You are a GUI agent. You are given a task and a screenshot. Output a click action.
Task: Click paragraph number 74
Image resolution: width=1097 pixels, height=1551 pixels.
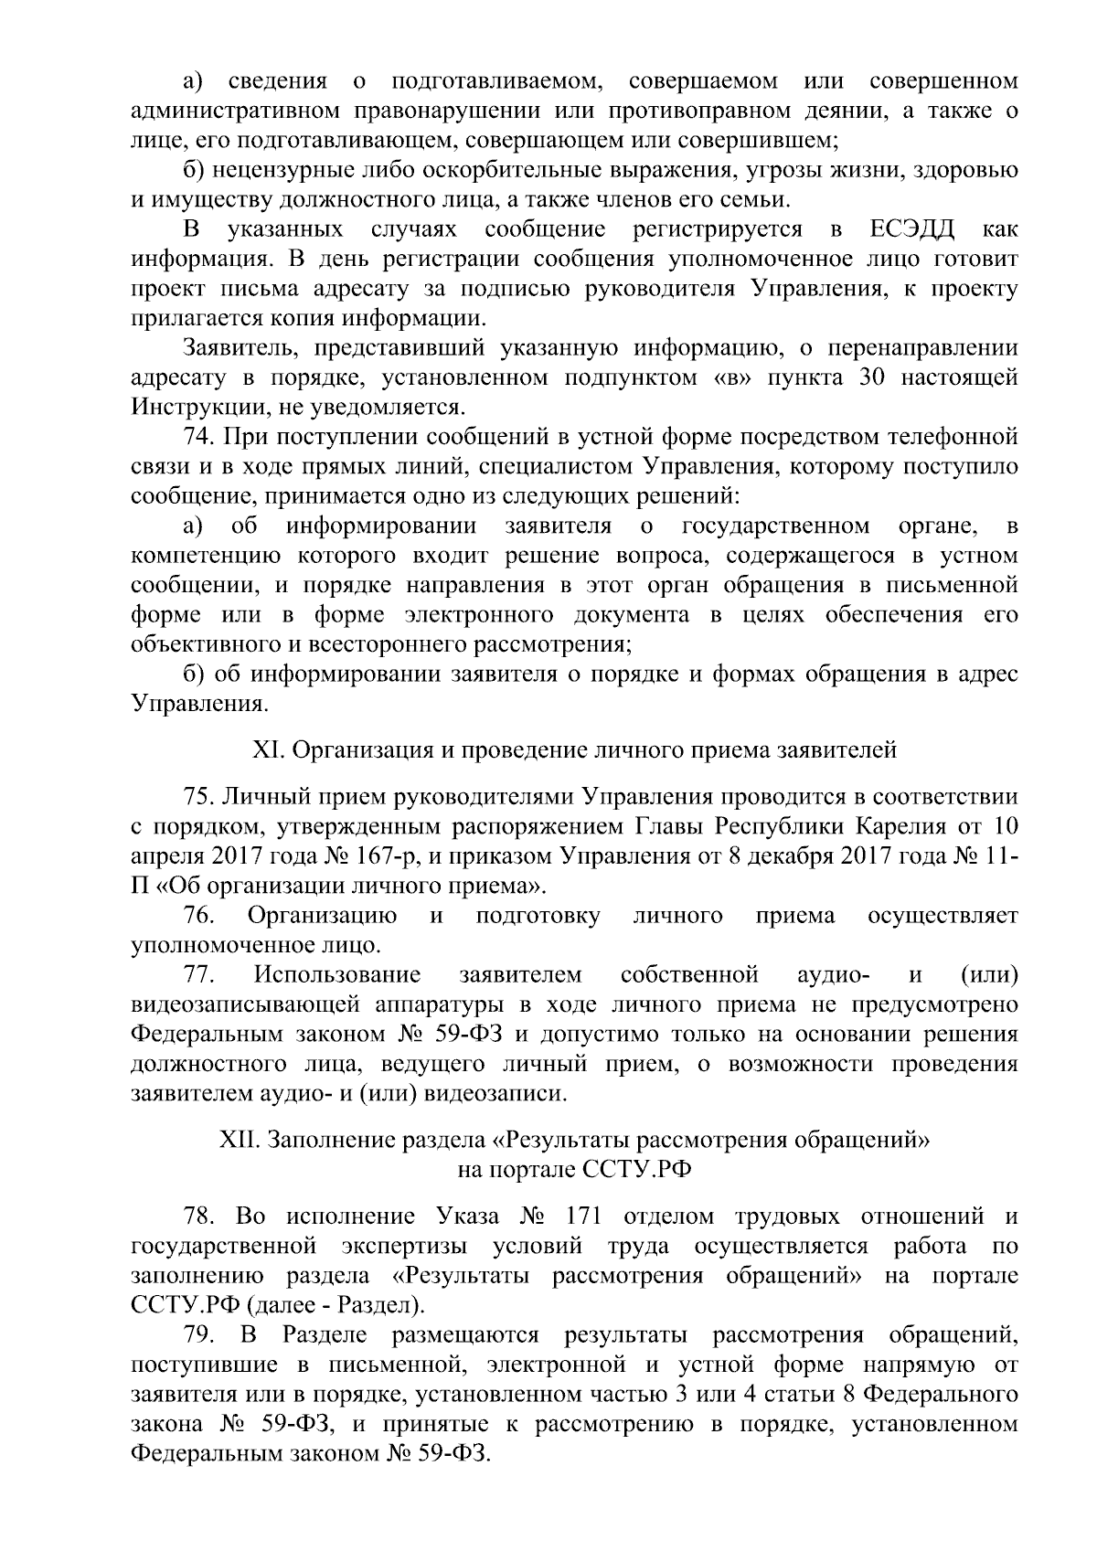click(x=200, y=437)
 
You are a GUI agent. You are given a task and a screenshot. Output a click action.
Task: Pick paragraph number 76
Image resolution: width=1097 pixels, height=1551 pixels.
click(x=200, y=916)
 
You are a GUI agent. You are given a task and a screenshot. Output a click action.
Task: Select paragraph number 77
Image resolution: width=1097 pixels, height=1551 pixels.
click(x=200, y=974)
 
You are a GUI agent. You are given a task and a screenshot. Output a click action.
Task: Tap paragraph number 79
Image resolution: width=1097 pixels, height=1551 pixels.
click(x=200, y=1335)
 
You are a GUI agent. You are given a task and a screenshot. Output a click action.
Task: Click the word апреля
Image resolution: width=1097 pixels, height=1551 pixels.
click(x=165, y=857)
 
